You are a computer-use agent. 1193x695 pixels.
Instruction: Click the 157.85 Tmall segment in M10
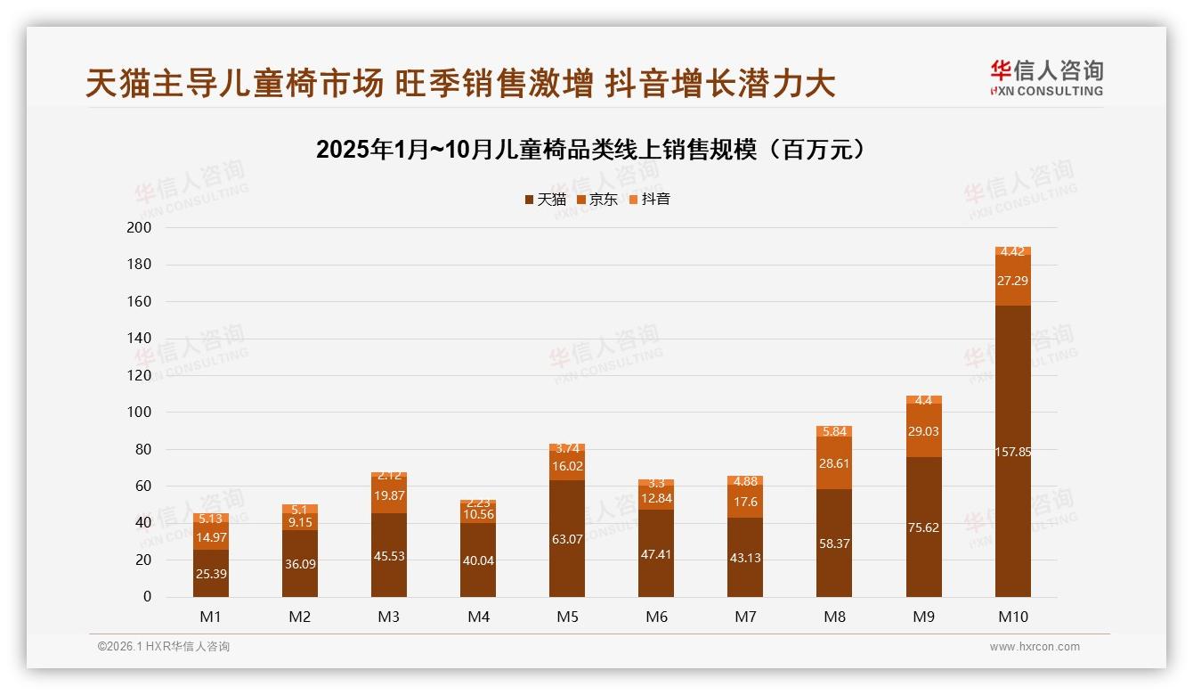pyautogui.click(x=1012, y=452)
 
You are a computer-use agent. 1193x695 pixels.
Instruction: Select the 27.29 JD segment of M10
pyautogui.click(x=1012, y=281)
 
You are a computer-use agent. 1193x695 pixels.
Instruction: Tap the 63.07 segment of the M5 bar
pyautogui.click(x=567, y=538)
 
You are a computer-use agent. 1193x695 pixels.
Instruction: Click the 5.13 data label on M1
pyautogui.click(x=211, y=519)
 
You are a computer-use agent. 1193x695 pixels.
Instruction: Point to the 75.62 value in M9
pyautogui.click(x=923, y=527)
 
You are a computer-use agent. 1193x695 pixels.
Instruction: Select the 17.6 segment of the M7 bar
pyautogui.click(x=745, y=502)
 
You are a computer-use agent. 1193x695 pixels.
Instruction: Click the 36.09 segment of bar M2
pyautogui.click(x=300, y=563)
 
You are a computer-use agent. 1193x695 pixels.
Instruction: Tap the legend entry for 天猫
pyautogui.click(x=545, y=200)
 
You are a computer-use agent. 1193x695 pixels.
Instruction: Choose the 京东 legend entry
pyautogui.click(x=596, y=200)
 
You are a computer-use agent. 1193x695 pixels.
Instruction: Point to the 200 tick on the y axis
pyautogui.click(x=141, y=228)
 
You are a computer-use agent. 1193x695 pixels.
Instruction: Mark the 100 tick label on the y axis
pyautogui.click(x=141, y=413)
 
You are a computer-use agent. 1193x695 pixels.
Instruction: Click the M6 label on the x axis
pyautogui.click(x=656, y=617)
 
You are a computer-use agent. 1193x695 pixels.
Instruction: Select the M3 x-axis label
pyautogui.click(x=389, y=617)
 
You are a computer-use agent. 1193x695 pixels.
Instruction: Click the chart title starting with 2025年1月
pyautogui.click(x=591, y=150)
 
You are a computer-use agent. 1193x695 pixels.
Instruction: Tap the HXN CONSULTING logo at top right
pyautogui.click(x=1046, y=78)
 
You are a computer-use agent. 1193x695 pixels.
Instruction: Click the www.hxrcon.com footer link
pyautogui.click(x=1035, y=647)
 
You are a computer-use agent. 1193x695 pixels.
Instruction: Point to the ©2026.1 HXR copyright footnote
pyautogui.click(x=164, y=647)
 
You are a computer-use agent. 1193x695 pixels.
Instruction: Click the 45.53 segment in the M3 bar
pyautogui.click(x=389, y=555)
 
